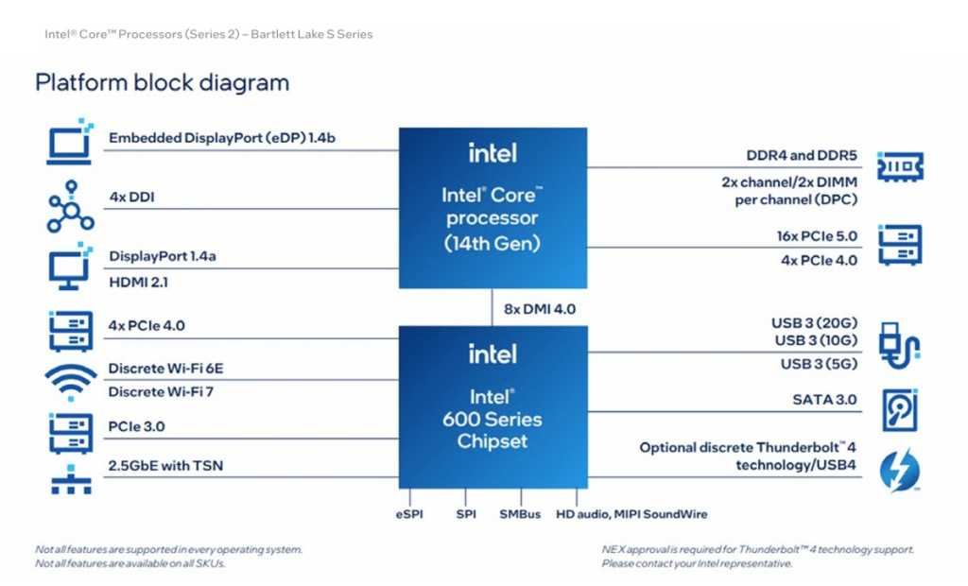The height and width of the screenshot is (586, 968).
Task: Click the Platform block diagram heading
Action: pyautogui.click(x=162, y=82)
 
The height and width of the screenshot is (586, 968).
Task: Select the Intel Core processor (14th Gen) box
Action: pyautogui.click(x=492, y=208)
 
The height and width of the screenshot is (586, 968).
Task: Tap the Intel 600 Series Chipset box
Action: pyautogui.click(x=492, y=406)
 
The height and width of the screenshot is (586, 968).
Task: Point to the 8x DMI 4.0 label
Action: pyautogui.click(x=541, y=309)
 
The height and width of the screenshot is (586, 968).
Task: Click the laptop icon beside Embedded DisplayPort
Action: pyautogui.click(x=70, y=142)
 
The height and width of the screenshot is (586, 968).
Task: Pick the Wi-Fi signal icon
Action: pyautogui.click(x=70, y=382)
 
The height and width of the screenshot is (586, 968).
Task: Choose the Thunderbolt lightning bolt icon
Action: pyautogui.click(x=899, y=470)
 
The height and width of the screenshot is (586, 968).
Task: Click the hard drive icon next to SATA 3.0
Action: pyautogui.click(x=900, y=409)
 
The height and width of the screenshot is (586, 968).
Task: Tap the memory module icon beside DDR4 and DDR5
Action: pyautogui.click(x=900, y=165)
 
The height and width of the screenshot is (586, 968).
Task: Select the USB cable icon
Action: pyautogui.click(x=899, y=348)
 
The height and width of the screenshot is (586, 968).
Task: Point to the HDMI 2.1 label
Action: pyautogui.click(x=139, y=281)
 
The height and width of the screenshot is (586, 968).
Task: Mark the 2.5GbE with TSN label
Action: pyautogui.click(x=166, y=465)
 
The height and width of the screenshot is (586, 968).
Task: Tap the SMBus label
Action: pyautogui.click(x=520, y=514)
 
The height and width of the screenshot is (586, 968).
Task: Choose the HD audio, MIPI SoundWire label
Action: pyautogui.click(x=631, y=514)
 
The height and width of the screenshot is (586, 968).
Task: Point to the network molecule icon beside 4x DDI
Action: pyautogui.click(x=70, y=207)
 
